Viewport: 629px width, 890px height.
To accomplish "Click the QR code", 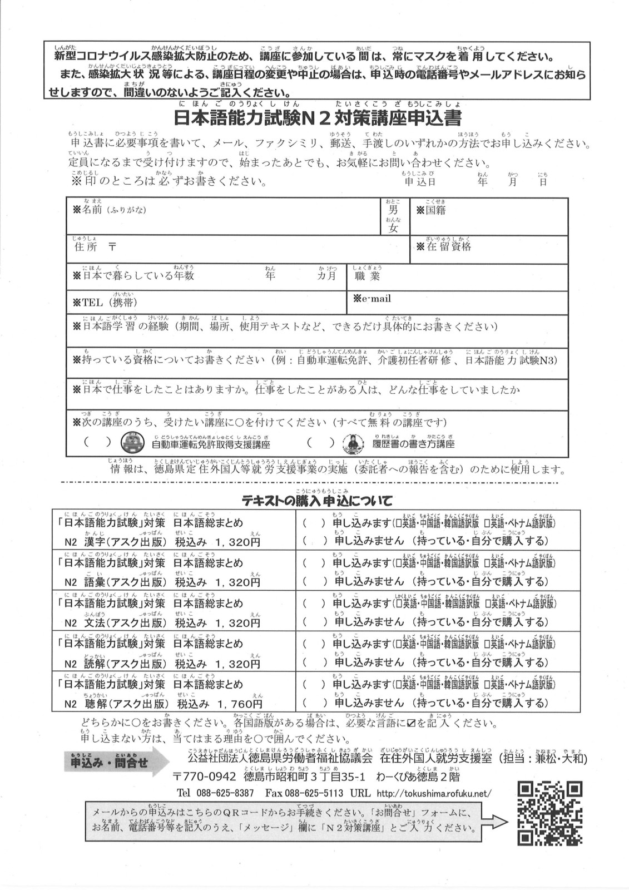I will coord(549,813).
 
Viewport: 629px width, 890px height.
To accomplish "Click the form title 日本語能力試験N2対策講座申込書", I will coord(317,118).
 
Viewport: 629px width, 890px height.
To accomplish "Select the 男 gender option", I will coord(393,210).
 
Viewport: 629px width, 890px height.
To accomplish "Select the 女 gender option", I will coord(393,228).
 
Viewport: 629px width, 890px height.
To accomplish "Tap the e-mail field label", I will coord(373,299).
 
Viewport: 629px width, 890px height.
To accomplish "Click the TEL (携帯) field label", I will coord(105,302).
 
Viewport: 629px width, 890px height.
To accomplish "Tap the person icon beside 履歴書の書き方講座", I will coord(353,443).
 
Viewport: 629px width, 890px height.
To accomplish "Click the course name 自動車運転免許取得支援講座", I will coord(211,444).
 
